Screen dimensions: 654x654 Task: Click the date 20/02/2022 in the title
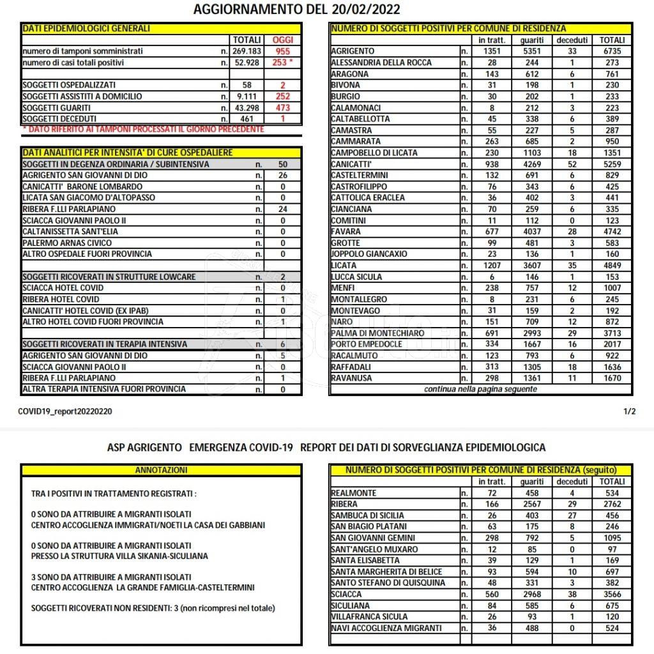pyautogui.click(x=366, y=9)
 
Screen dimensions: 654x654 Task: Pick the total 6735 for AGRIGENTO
pyautogui.click(x=612, y=51)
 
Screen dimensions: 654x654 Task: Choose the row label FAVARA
pyautogui.click(x=346, y=231)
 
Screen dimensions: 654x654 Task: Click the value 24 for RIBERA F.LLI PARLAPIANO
pyautogui.click(x=282, y=209)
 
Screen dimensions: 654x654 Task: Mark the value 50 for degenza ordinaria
pyautogui.click(x=282, y=164)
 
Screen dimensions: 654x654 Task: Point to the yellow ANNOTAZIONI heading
pyautogui.click(x=161, y=470)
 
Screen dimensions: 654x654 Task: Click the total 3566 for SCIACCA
pyautogui.click(x=612, y=594)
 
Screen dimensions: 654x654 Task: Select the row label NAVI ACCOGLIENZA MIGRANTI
pyautogui.click(x=386, y=628)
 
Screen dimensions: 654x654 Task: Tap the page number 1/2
pyautogui.click(x=629, y=412)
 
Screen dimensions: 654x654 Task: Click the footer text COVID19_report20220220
pyautogui.click(x=66, y=412)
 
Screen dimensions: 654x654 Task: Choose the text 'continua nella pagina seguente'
pyautogui.click(x=480, y=389)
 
